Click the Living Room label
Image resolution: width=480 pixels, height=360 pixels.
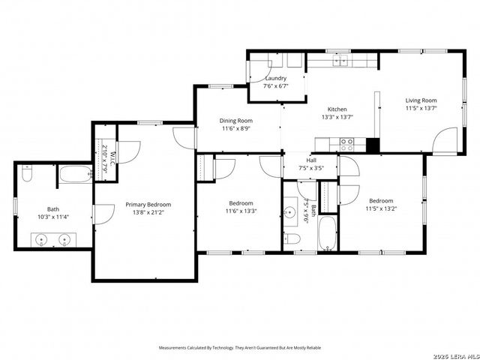[421, 100]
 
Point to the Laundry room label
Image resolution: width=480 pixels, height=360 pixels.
[275, 78]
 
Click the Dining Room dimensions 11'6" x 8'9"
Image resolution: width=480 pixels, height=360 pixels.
[236, 129]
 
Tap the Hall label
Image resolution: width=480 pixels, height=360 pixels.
[310, 160]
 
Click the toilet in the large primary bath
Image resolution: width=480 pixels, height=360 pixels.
[27, 174]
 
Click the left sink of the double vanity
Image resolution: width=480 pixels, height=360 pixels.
[40, 240]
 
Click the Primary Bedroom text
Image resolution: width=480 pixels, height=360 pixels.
[148, 205]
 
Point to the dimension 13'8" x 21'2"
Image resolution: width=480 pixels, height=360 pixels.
[148, 213]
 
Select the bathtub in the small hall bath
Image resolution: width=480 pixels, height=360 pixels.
[328, 234]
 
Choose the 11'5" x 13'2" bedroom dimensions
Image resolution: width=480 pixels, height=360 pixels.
[380, 208]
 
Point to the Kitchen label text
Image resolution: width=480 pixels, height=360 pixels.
[336, 109]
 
